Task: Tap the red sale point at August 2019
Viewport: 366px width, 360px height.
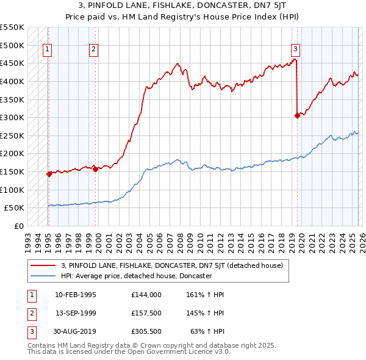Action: coord(297,115)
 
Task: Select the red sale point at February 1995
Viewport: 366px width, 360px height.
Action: coord(48,174)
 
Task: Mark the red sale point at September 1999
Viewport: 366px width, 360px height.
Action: coord(95,169)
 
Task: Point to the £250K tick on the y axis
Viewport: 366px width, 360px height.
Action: coord(12,135)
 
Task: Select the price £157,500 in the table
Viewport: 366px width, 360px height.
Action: coord(146,313)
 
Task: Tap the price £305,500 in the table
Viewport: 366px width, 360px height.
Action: coord(146,332)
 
